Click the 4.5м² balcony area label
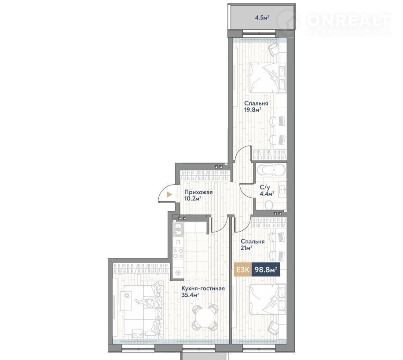click(262, 18)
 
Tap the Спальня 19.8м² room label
click(253, 106)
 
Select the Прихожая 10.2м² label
click(198, 195)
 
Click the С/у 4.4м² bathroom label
click(267, 190)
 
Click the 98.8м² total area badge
click(265, 269)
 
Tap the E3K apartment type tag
click(243, 269)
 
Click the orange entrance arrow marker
click(169, 195)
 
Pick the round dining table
click(205, 317)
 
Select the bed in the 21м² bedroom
click(267, 299)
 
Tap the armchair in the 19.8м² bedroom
click(273, 48)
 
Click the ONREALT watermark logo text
click(349, 20)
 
